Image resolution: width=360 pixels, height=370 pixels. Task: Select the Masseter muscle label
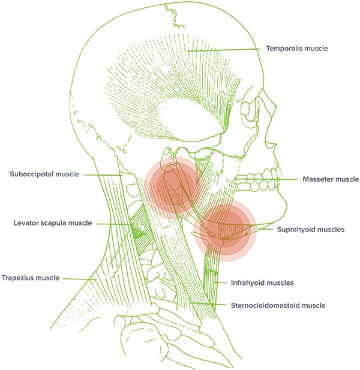(331, 179)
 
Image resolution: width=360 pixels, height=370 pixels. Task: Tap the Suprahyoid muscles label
(310, 229)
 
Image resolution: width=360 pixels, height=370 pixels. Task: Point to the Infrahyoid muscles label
(262, 282)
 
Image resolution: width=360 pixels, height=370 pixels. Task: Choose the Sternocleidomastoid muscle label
(278, 305)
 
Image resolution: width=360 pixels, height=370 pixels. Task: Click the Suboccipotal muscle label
(45, 175)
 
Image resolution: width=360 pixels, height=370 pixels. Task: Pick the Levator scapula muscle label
(52, 223)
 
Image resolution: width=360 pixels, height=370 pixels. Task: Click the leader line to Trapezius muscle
(81, 278)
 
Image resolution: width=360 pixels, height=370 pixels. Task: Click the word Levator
(26, 223)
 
